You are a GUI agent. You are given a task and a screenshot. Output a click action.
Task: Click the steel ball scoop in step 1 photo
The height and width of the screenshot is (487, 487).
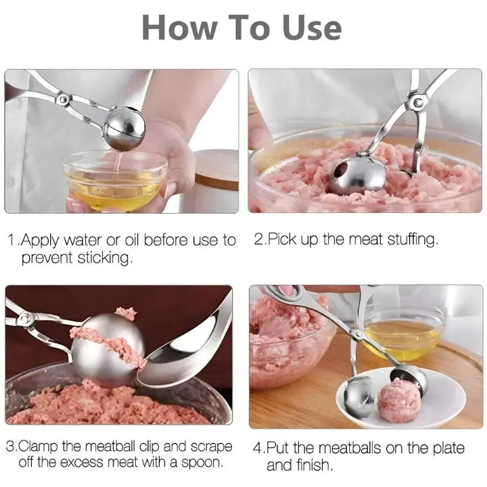tap(122, 127)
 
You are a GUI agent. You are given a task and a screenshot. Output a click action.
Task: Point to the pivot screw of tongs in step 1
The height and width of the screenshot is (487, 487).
tap(62, 99)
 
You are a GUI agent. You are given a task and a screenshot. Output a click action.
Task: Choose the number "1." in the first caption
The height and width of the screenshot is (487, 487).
tap(13, 241)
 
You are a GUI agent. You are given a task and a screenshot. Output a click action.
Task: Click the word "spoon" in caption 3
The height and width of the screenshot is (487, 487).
tap(202, 464)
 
